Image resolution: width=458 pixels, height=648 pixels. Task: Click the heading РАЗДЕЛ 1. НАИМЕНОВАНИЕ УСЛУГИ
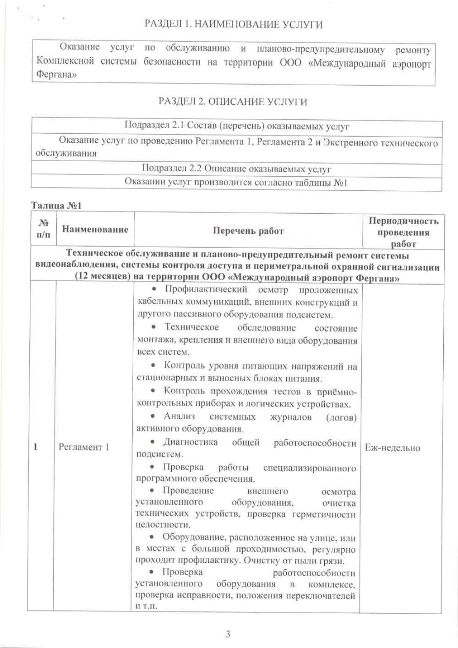[233, 24]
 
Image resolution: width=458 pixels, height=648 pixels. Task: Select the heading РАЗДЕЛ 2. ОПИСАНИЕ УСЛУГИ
[233, 102]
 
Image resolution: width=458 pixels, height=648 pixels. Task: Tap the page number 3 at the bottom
[228, 634]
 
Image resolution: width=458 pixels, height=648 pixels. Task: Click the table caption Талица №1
[56, 205]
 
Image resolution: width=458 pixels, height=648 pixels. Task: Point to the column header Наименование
[95, 229]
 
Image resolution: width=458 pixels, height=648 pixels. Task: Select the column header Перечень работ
[248, 231]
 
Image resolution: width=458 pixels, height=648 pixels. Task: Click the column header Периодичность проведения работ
[403, 232]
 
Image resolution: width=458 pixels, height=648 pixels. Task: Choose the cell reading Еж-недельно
[392, 448]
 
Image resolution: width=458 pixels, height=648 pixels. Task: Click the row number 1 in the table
[36, 447]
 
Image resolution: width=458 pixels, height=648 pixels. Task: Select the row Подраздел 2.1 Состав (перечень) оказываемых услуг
[237, 126]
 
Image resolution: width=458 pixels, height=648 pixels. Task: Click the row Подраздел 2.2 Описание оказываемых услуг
[236, 169]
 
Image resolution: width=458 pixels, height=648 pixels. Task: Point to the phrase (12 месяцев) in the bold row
[101, 277]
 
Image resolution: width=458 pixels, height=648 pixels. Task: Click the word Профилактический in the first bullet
[206, 290]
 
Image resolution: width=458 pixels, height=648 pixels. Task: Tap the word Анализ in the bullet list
[179, 416]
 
